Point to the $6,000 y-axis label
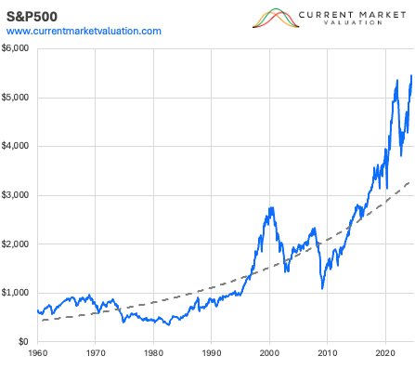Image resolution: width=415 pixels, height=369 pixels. tap(19, 49)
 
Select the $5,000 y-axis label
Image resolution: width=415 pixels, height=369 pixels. tap(19, 98)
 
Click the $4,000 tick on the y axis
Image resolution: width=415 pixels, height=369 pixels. tap(19, 147)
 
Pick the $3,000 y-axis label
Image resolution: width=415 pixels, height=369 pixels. tap(19, 196)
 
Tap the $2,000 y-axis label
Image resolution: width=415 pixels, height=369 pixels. tap(19, 244)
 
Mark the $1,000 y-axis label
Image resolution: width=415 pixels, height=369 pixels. tap(19, 294)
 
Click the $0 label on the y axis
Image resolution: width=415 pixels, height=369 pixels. tap(25, 342)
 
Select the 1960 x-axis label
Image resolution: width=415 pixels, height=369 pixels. tap(38, 354)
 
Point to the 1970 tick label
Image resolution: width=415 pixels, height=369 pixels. tap(96, 354)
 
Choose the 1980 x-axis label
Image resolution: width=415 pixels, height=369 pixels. tap(153, 354)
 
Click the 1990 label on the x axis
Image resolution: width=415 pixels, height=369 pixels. tap(212, 354)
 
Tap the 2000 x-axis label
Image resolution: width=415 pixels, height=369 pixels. tap(269, 354)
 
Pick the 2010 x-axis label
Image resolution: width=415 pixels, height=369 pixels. tap(328, 354)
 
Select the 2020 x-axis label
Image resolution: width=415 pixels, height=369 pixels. tap(385, 354)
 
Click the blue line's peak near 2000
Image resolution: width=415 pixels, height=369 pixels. tap(270, 207)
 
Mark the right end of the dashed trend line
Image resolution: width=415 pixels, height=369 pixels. tap(411, 181)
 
